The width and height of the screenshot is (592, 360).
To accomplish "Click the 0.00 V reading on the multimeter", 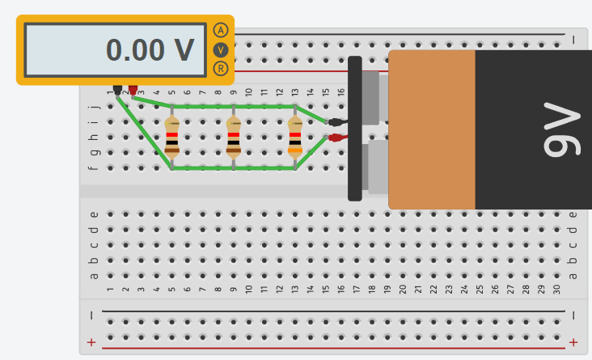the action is [x=150, y=50].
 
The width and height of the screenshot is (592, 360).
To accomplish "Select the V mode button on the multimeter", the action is [x=221, y=50].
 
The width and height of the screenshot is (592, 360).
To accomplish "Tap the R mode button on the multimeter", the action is [x=221, y=69].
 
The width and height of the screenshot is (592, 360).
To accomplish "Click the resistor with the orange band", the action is [x=295, y=138].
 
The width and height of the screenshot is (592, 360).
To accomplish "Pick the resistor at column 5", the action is [x=171, y=138].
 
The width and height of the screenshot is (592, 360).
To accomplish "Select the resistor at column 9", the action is [x=234, y=138].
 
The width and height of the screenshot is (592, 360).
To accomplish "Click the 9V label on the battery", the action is [x=561, y=129].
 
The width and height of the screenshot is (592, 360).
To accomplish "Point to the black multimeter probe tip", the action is [x=117, y=91].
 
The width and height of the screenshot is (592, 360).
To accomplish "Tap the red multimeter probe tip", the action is [x=133, y=91].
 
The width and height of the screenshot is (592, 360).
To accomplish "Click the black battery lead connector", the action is [x=337, y=122].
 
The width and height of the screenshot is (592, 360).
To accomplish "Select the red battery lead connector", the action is [x=337, y=138].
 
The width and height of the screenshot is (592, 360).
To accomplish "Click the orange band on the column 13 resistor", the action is [x=295, y=150].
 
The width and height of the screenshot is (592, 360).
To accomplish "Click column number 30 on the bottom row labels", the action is [x=556, y=290].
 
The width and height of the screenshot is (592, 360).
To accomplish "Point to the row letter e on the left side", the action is [x=94, y=214].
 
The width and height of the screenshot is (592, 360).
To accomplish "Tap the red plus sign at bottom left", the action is [x=91, y=342].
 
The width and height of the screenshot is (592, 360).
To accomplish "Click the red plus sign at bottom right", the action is [x=573, y=342].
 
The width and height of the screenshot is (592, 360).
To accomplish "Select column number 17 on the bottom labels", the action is [x=357, y=290].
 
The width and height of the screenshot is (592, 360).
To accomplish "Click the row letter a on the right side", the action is [x=573, y=276].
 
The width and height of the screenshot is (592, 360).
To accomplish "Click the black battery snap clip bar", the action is [x=355, y=129].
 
